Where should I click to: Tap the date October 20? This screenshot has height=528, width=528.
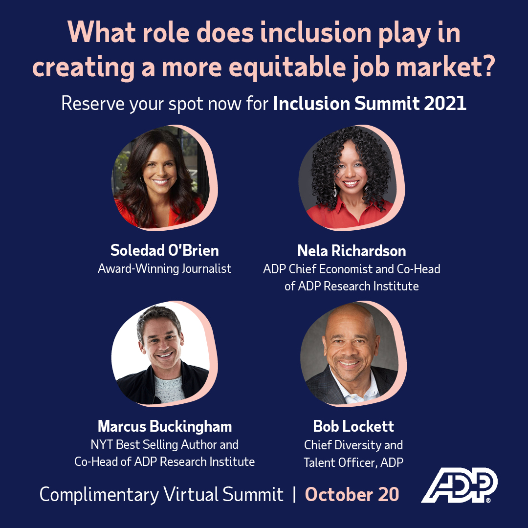[x=352, y=494]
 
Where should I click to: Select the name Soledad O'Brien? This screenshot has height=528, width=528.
[x=165, y=250]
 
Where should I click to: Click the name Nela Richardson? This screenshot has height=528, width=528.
[x=352, y=251]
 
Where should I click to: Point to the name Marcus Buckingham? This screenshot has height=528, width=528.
[x=165, y=426]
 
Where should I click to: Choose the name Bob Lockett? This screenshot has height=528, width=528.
[x=353, y=426]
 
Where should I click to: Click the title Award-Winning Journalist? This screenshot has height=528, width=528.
[x=165, y=268]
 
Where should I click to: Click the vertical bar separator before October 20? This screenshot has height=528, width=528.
[x=294, y=494]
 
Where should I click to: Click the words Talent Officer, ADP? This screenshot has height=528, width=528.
[x=353, y=462]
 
